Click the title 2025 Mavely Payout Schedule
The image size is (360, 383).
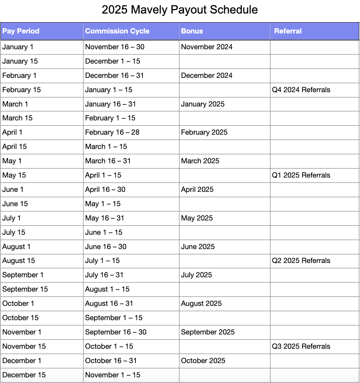tap(180, 10)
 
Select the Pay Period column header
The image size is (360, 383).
tap(21, 31)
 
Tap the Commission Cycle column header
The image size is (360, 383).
tap(117, 31)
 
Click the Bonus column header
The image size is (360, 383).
tap(192, 31)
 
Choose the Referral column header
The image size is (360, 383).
tap(288, 31)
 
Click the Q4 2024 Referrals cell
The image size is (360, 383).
tap(301, 90)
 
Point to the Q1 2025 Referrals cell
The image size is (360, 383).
tap(301, 175)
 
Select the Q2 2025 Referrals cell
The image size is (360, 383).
tap(301, 261)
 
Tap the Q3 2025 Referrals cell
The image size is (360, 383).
tap(301, 347)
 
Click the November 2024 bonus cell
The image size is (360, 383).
tap(207, 47)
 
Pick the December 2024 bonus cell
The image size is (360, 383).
tap(207, 76)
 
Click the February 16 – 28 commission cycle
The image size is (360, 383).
tap(109, 132)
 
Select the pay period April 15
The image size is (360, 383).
tap(15, 147)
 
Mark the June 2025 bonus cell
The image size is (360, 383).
tap(198, 247)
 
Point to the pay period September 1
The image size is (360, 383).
tap(23, 275)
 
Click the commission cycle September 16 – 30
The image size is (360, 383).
tap(115, 332)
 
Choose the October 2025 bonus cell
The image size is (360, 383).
tap(203, 361)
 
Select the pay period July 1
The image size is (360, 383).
tap(12, 218)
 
